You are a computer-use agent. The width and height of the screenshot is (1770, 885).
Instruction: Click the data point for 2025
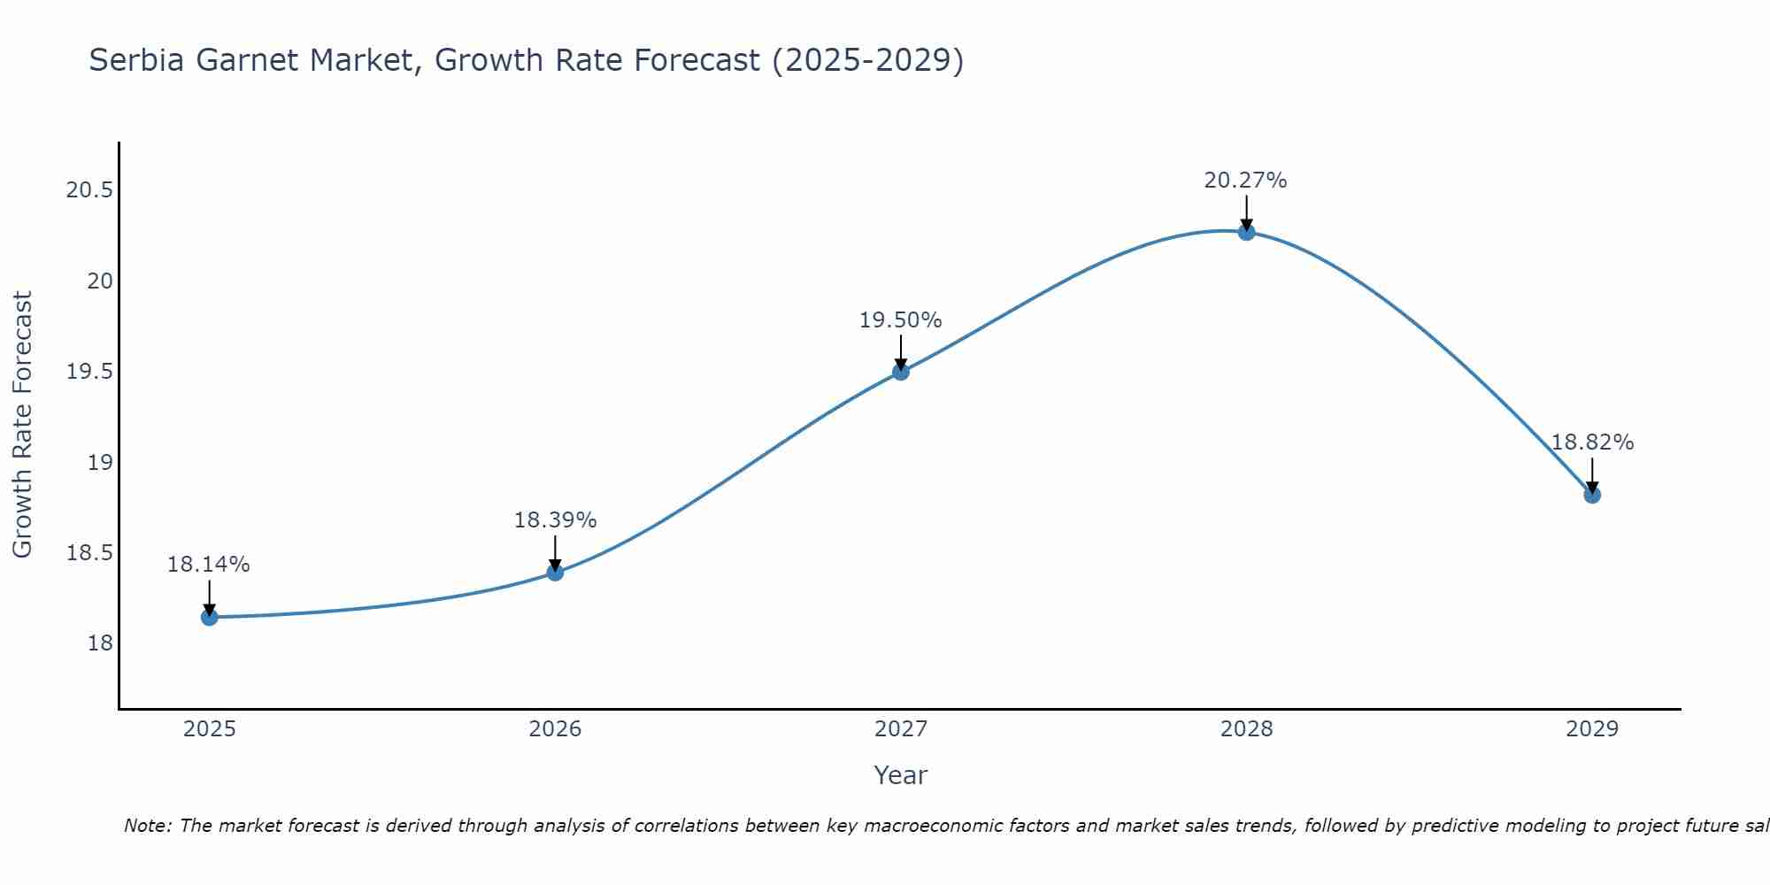click(210, 617)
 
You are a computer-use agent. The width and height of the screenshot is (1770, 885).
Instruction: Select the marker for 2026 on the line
click(555, 573)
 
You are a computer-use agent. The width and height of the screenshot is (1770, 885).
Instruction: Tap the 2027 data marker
click(901, 372)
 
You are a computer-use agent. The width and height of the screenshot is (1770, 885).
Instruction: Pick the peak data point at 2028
click(1246, 232)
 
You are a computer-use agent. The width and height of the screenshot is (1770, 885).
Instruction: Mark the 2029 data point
click(1592, 495)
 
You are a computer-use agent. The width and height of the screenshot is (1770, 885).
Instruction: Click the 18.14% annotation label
click(209, 565)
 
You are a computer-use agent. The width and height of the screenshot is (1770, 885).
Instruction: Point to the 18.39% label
click(555, 520)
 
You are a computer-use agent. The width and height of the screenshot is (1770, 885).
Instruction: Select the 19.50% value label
click(901, 320)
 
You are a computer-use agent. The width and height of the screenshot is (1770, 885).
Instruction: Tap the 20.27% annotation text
click(1245, 181)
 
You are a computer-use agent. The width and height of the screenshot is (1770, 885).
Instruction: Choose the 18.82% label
click(1592, 442)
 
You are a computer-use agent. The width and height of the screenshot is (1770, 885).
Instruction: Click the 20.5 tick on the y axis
click(89, 190)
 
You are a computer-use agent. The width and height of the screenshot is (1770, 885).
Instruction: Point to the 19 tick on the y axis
click(101, 462)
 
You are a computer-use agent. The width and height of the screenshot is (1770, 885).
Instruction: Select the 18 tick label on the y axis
click(101, 643)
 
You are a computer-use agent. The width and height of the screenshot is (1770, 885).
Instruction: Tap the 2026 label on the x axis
click(555, 729)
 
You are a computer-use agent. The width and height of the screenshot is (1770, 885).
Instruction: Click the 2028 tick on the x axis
click(1246, 729)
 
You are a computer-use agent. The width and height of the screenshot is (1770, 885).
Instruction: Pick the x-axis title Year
click(900, 775)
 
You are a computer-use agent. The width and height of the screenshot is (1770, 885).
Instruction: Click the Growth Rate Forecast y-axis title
click(22, 425)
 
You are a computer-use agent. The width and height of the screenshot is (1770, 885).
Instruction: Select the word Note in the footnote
click(147, 826)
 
